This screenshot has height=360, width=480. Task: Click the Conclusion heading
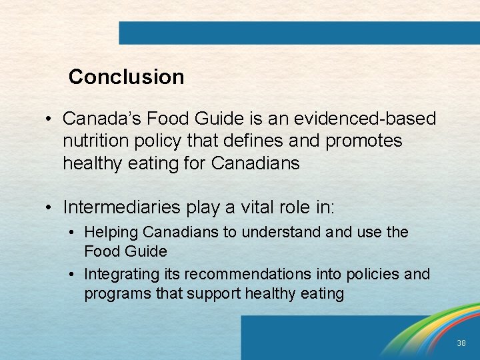pyautogui.click(x=126, y=77)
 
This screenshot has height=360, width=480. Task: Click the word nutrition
pyautogui.click(x=93, y=141)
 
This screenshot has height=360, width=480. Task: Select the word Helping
pyautogui.click(x=111, y=233)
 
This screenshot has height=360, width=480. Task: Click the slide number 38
pyautogui.click(x=461, y=343)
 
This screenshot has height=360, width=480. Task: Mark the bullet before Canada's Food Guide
pyautogui.click(x=50, y=119)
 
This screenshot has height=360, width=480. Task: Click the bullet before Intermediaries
pyautogui.click(x=50, y=208)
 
